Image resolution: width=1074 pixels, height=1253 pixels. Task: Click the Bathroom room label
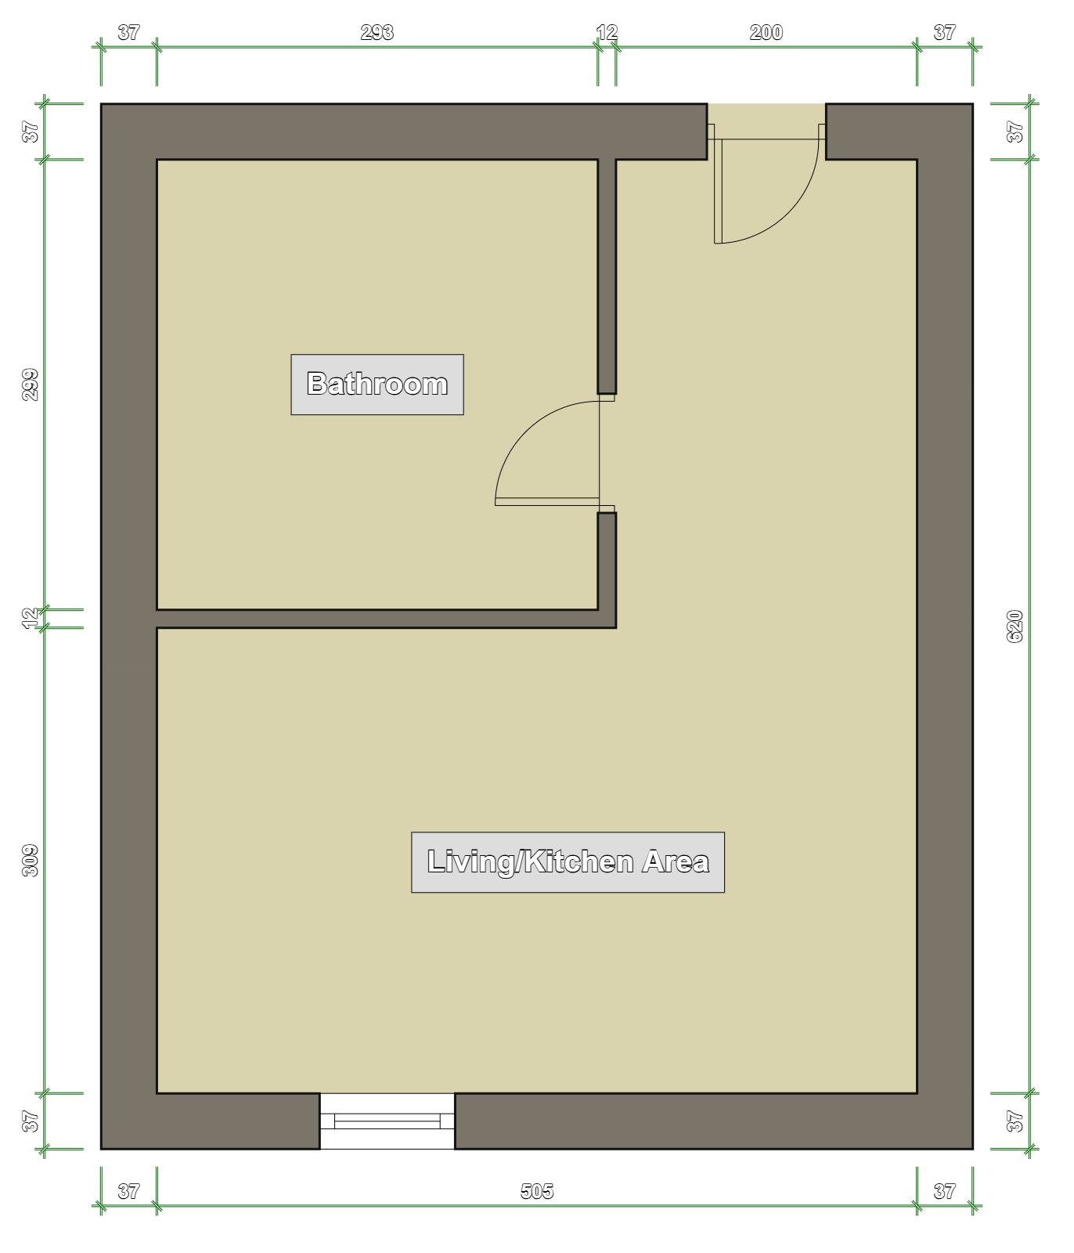[377, 384]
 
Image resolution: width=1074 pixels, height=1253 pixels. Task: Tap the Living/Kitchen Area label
[568, 862]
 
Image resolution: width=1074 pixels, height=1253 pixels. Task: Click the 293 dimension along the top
[377, 33]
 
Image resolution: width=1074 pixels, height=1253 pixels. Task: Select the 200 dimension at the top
[766, 33]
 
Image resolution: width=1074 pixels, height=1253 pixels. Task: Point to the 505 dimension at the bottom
[537, 1191]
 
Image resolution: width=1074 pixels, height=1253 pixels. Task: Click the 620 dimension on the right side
[1015, 626]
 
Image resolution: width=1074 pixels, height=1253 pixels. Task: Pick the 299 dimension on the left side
[31, 385]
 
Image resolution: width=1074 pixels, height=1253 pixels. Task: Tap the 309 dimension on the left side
[31, 860]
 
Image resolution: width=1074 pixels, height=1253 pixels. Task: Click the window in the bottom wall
[387, 1121]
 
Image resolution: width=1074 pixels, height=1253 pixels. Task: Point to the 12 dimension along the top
[607, 33]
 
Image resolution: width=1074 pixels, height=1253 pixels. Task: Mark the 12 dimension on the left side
[31, 619]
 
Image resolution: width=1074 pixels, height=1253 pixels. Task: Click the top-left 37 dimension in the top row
[128, 33]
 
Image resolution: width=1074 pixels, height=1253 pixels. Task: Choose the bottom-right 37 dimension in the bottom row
[945, 1191]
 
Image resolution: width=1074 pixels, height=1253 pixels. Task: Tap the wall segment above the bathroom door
[607, 276]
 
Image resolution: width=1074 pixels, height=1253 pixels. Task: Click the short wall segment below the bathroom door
[607, 561]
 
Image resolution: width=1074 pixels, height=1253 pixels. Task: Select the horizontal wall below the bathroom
[387, 619]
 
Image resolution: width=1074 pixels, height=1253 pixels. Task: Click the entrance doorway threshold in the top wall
[767, 131]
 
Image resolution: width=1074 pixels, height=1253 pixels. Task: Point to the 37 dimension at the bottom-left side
[31, 1121]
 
